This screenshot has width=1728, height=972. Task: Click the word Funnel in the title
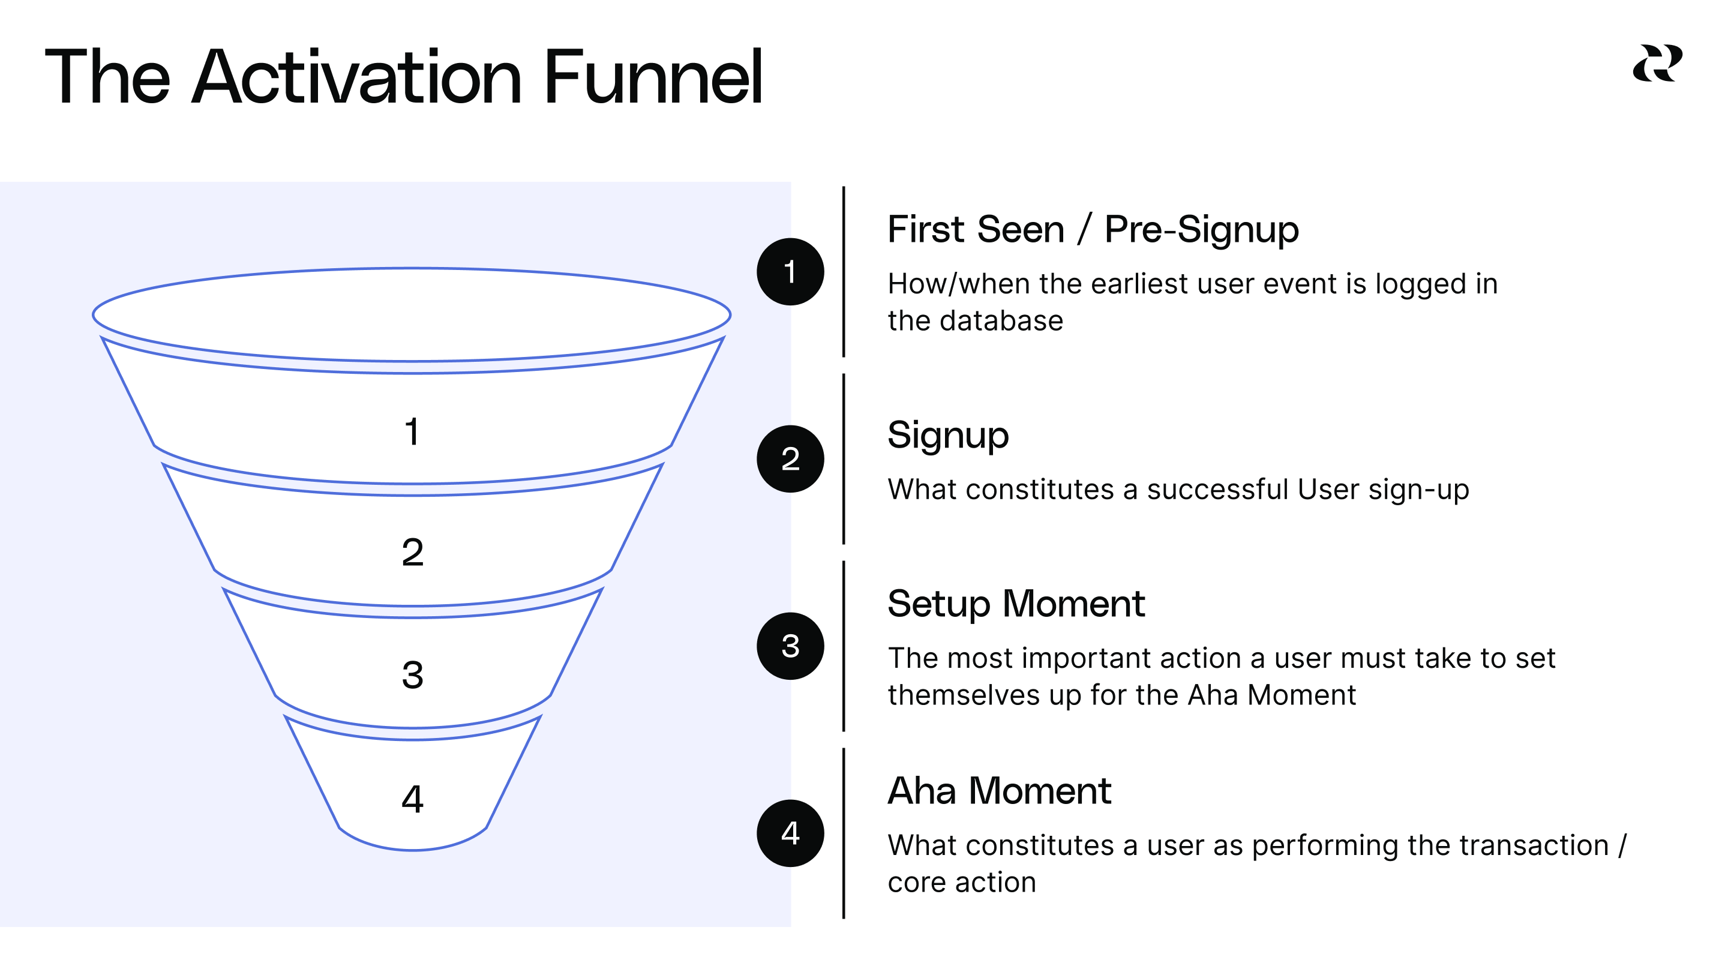pyautogui.click(x=653, y=78)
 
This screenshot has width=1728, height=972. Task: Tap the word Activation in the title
pyautogui.click(x=356, y=78)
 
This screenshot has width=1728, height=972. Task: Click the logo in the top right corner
pyautogui.click(x=1657, y=64)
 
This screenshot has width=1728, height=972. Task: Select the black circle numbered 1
pyautogui.click(x=790, y=272)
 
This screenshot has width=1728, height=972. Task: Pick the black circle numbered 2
pyautogui.click(x=790, y=459)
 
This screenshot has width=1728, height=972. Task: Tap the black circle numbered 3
pyautogui.click(x=790, y=646)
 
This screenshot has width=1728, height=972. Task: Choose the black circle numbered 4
pyautogui.click(x=790, y=833)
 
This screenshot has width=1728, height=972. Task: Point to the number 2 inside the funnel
pyautogui.click(x=413, y=553)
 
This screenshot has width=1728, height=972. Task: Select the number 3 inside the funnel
pyautogui.click(x=413, y=675)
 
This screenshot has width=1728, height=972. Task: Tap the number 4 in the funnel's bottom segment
pyautogui.click(x=413, y=799)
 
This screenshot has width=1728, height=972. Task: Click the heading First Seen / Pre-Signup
pyautogui.click(x=1093, y=230)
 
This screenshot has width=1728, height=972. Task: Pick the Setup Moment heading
pyautogui.click(x=1016, y=604)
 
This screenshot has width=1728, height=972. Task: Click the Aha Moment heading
pyautogui.click(x=999, y=791)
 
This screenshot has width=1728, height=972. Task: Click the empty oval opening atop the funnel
pyautogui.click(x=411, y=314)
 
